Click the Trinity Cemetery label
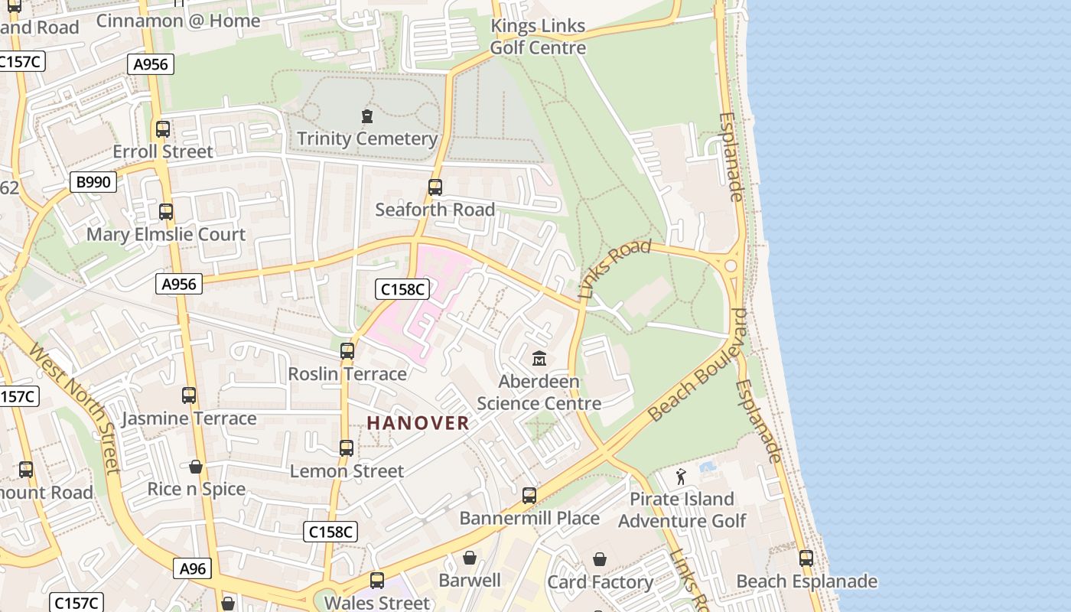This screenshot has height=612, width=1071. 367,139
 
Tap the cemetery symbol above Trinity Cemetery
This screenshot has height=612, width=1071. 367,117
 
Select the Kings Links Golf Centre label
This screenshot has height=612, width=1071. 538,37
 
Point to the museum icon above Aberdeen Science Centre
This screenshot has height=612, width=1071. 539,358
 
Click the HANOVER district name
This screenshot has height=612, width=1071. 418,423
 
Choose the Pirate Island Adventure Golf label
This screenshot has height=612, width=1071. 682,510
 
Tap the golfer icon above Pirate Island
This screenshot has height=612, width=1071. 681,477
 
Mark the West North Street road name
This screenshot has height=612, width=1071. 74,407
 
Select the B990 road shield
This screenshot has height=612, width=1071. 93,182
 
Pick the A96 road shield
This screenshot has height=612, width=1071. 193,568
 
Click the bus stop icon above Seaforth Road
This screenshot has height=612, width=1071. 435,187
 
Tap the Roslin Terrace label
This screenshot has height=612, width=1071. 347,374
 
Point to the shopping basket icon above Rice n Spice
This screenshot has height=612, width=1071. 196,467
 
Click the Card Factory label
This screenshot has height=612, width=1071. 600,582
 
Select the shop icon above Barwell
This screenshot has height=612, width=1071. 470,558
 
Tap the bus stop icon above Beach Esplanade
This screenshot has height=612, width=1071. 806,558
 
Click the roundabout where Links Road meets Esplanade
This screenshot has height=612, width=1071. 731,265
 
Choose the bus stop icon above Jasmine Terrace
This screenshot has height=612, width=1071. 189,396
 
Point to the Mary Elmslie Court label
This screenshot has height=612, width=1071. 166,235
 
